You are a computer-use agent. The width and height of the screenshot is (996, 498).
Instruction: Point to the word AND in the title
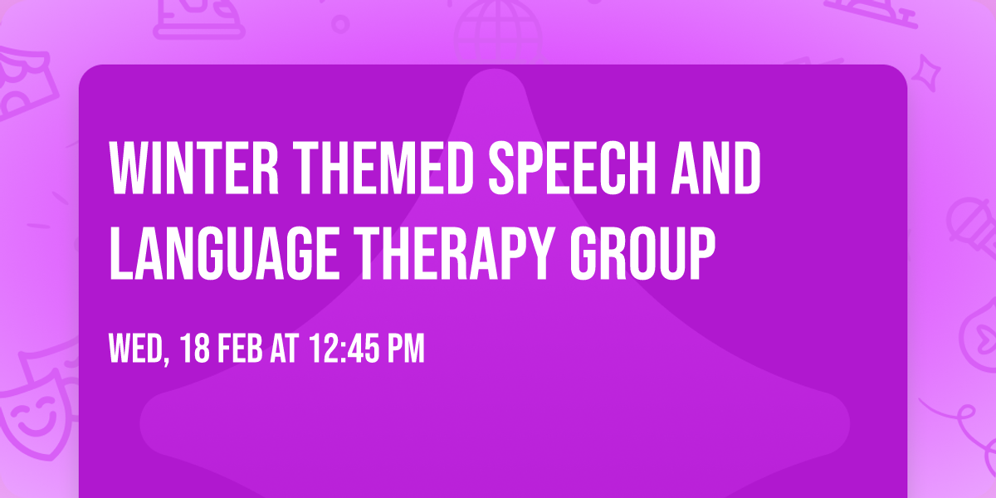point(719,168)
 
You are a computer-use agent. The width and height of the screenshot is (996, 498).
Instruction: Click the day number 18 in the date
point(196,349)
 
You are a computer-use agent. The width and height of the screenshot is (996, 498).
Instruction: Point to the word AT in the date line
point(284,349)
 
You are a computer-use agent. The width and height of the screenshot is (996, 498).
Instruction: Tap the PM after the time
point(405,349)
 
